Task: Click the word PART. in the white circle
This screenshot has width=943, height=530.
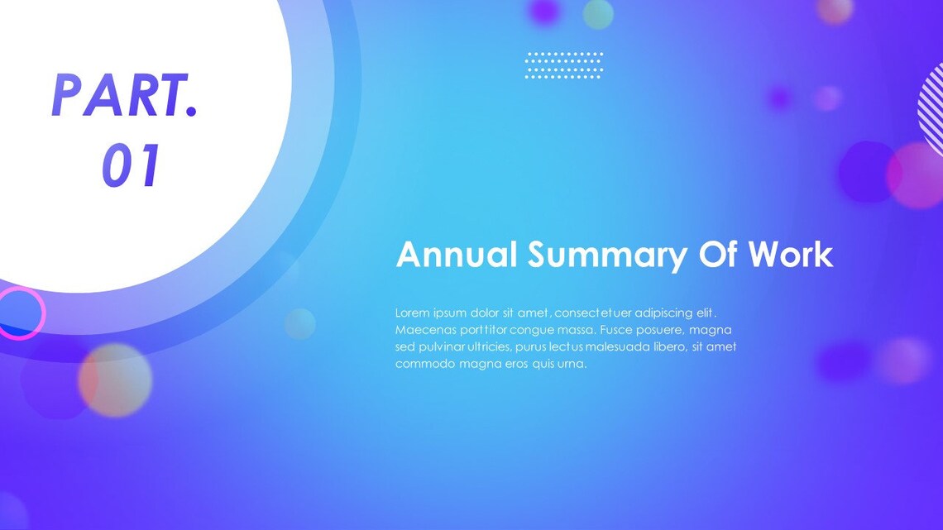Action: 125,95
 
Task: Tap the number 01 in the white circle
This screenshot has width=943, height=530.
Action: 131,166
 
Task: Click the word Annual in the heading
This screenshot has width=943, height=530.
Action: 456,255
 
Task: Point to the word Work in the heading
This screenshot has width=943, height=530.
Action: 791,255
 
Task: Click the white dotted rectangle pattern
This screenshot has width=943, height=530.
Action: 564,65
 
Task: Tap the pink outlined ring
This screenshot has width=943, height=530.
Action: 20,313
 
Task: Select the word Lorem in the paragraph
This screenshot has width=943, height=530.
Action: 412,313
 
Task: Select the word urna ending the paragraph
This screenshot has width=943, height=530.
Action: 571,364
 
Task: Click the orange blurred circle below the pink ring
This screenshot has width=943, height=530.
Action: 115,380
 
